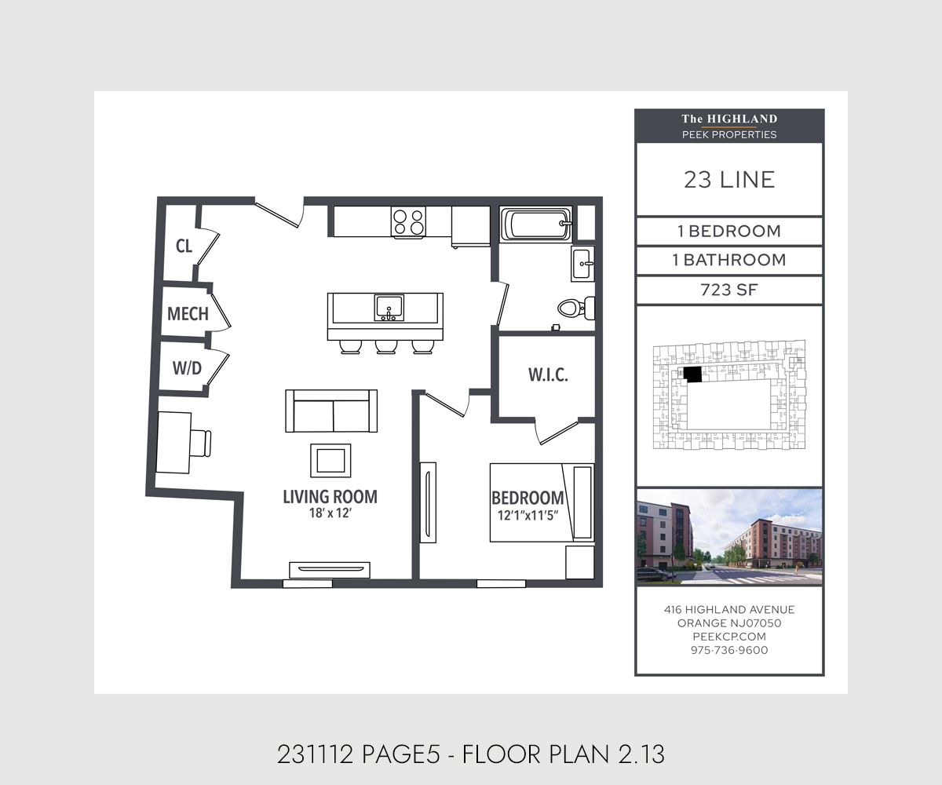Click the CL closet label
pyautogui.click(x=184, y=246)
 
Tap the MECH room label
pyautogui.click(x=188, y=313)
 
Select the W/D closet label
pyautogui.click(x=187, y=368)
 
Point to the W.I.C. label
pyautogui.click(x=548, y=374)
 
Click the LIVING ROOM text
pyautogui.click(x=330, y=497)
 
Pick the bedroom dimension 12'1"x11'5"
pyautogui.click(x=528, y=515)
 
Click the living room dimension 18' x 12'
pyautogui.click(x=330, y=513)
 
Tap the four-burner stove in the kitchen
pyautogui.click(x=408, y=222)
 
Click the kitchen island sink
pyautogui.click(x=389, y=308)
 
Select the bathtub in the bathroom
pyautogui.click(x=536, y=225)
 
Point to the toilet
pyautogui.click(x=576, y=309)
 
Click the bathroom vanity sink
pyautogui.click(x=583, y=264)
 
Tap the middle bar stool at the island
pyautogui.click(x=386, y=346)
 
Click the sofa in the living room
pyautogui.click(x=331, y=411)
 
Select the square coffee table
pyautogui.click(x=330, y=461)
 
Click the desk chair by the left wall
pyautogui.click(x=200, y=444)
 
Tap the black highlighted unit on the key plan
pyautogui.click(x=692, y=374)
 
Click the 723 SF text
pyautogui.click(x=729, y=290)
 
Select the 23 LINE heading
pyautogui.click(x=729, y=180)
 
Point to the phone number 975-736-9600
pyautogui.click(x=729, y=650)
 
